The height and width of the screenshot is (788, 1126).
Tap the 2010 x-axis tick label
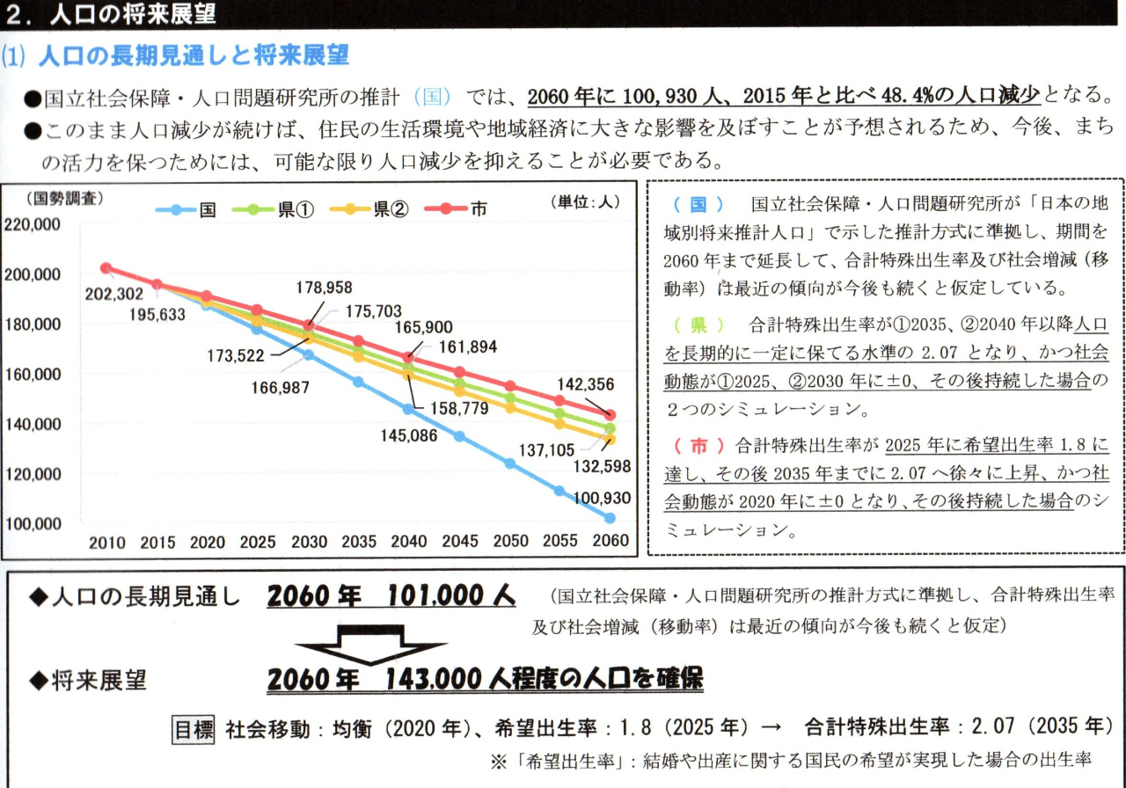click(106, 541)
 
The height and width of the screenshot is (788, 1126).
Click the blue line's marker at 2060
click(610, 518)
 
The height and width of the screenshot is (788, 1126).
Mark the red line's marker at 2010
click(106, 268)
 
